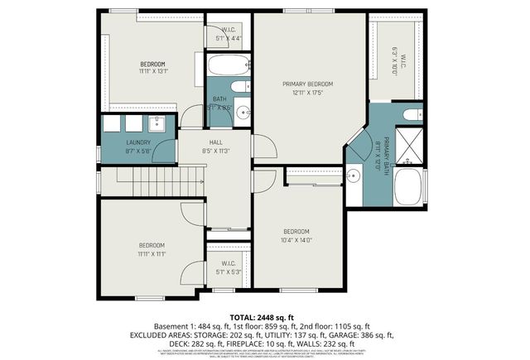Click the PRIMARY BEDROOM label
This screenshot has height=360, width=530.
coord(307,84)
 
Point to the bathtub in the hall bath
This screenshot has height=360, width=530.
coord(226,65)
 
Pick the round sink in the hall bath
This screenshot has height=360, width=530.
coord(242,114)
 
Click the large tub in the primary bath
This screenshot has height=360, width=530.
coord(410,186)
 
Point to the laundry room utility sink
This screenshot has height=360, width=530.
coord(158,124)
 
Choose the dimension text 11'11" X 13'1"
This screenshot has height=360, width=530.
coord(152,71)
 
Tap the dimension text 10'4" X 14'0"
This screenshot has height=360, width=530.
coord(296,240)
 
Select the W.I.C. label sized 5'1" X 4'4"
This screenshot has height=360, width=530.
coord(228,35)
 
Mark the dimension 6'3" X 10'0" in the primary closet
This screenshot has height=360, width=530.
coord(395,60)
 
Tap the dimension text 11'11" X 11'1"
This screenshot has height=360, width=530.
coord(152,254)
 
